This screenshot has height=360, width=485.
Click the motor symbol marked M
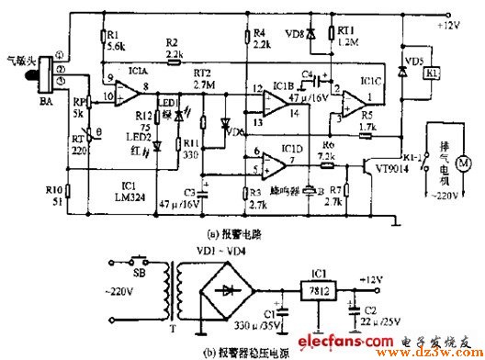point(463,162)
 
